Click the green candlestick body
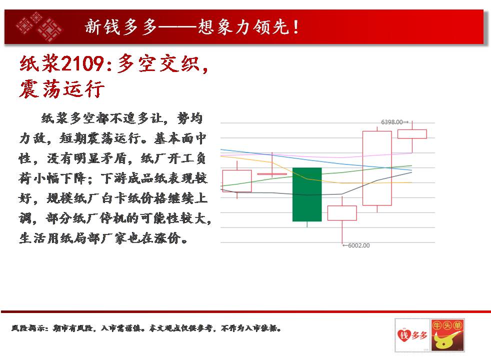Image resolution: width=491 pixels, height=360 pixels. click(x=307, y=194)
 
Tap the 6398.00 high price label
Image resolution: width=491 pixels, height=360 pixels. click(x=391, y=122)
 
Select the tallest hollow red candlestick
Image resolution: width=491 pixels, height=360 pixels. click(x=377, y=168)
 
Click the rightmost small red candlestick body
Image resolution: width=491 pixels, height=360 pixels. click(x=412, y=134)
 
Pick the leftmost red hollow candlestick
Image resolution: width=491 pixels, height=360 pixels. click(x=237, y=181)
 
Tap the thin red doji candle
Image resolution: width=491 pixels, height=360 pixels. click(x=272, y=173)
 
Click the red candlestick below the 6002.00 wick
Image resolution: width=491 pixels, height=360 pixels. click(x=342, y=213)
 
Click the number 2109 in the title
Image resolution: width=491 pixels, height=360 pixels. click(x=82, y=63)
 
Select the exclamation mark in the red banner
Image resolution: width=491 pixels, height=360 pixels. click(x=295, y=27)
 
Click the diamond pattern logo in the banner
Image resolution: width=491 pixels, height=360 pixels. click(x=39, y=27)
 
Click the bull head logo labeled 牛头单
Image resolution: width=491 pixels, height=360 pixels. click(x=447, y=335)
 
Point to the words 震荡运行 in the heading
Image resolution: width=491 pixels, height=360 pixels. click(x=61, y=89)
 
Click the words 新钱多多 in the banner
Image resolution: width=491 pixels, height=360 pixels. click(x=120, y=26)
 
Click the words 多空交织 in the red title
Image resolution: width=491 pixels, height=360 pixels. click(x=158, y=63)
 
